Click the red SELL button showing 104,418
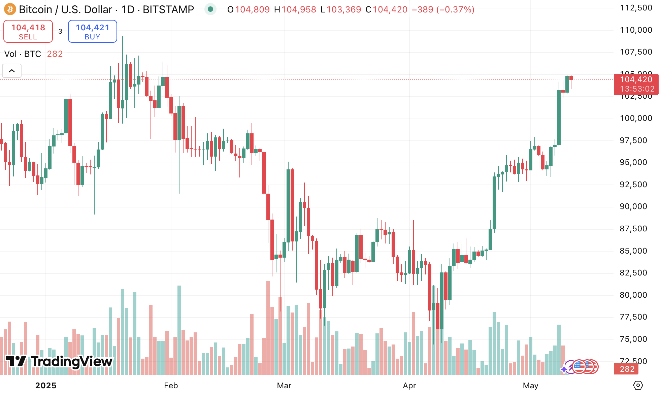(28, 31)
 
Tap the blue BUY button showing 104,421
(92, 31)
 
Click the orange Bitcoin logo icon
(10, 9)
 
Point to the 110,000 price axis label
(636, 30)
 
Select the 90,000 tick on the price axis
(633, 206)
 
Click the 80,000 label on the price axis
(633, 295)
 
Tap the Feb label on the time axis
(171, 386)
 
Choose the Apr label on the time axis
(409, 386)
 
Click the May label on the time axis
(530, 386)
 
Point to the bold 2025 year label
(46, 386)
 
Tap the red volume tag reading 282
(627, 369)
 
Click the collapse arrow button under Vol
(12, 71)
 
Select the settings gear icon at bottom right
(638, 385)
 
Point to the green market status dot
(210, 9)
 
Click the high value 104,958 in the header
(299, 9)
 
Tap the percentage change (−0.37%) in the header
(455, 9)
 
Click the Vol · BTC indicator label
(23, 54)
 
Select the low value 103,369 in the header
(344, 9)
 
